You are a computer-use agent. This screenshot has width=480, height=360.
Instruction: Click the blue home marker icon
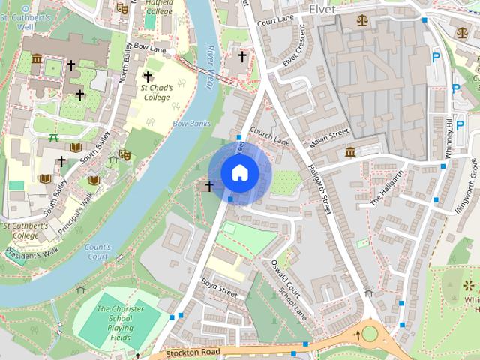pos(239,172)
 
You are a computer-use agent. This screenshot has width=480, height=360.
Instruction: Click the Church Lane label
pos(269,135)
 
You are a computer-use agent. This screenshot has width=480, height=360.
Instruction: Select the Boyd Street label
pos(219,288)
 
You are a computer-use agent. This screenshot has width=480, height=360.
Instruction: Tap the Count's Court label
pos(97,251)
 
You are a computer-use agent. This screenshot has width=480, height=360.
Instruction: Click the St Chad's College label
pos(156,92)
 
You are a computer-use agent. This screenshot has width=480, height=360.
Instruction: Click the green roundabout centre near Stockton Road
pos(370,333)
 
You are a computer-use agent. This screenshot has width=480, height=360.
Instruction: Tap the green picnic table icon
pos(53,138)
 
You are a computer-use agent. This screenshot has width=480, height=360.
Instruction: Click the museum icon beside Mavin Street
pos(350,153)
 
